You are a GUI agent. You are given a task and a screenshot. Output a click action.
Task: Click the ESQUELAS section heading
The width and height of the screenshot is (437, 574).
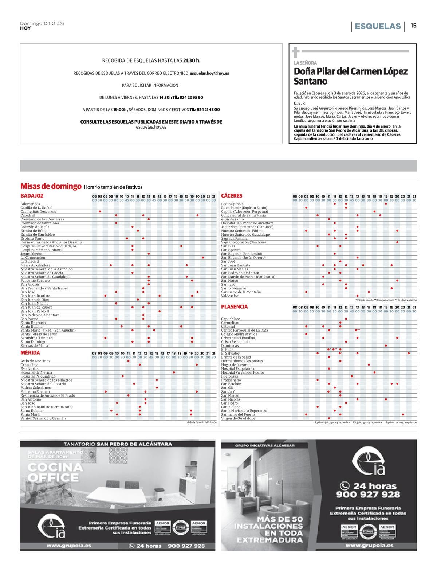coord(378,26)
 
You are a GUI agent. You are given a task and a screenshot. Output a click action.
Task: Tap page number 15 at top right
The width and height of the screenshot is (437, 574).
coord(413,26)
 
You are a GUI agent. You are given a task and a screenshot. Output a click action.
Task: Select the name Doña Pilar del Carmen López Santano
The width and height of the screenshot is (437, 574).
coord(350,76)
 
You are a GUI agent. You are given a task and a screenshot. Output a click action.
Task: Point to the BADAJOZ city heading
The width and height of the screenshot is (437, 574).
coord(32,196)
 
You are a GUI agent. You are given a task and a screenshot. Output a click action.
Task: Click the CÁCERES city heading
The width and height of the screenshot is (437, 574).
coord(232,196)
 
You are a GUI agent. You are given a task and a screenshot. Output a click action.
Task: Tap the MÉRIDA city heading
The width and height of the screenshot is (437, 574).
coord(30,353)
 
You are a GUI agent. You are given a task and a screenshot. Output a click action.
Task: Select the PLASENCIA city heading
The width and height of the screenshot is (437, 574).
coord(234,307)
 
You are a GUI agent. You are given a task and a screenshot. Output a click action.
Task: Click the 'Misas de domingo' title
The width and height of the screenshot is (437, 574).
coord(51,186)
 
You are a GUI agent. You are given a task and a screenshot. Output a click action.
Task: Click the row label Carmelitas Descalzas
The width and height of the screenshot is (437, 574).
coord(38,211)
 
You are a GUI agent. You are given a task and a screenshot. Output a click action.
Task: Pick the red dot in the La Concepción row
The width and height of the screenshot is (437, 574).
coord(203,258)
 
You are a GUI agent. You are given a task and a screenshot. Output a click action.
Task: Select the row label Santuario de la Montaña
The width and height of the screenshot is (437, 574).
coord(241,292)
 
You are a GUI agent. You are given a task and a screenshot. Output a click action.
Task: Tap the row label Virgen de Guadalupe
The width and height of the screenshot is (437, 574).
coord(238,418)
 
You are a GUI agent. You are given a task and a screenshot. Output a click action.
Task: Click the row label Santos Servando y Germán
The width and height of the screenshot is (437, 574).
coord(43,418)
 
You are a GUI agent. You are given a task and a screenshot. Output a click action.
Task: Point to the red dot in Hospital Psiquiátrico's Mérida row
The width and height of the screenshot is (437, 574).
coord(123,376)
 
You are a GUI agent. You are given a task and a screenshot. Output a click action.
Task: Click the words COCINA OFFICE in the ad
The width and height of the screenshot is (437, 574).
coord(55,472)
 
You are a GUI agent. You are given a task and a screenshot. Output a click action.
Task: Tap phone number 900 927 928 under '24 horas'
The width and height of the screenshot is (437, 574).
coord(368,495)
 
